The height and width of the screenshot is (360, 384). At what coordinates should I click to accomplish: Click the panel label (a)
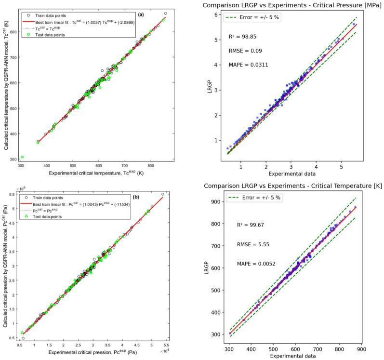[x=141, y=15]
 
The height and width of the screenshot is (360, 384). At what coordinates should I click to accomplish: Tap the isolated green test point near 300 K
[x=22, y=157]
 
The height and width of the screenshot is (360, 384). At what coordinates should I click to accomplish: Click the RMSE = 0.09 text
[x=243, y=51]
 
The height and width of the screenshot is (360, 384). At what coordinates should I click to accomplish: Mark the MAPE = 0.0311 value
[x=245, y=65]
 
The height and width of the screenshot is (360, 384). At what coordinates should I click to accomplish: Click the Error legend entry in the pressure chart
[x=246, y=18]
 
